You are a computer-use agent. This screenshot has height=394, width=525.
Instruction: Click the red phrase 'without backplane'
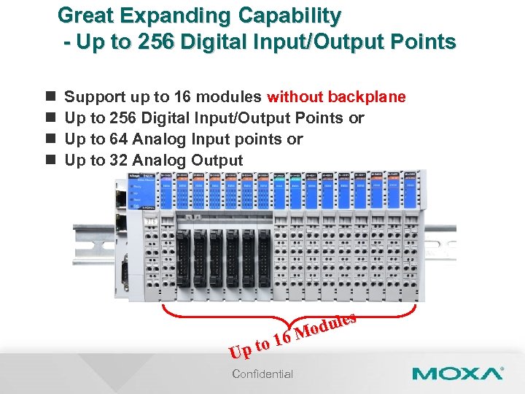click(336, 97)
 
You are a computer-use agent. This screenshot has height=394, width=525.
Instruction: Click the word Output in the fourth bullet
click(217, 160)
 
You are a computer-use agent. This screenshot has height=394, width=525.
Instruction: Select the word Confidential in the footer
click(262, 374)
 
